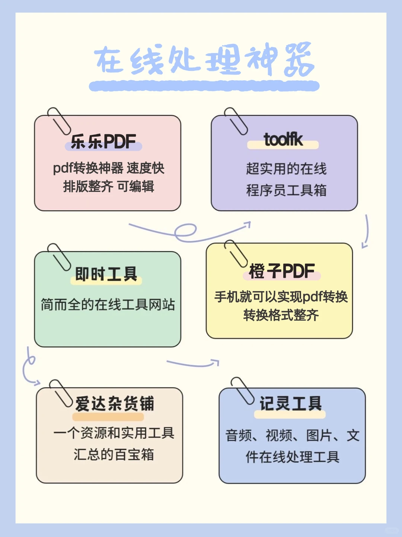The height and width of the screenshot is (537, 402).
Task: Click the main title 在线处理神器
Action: point(204,60)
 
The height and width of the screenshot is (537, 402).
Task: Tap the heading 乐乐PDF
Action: point(103,142)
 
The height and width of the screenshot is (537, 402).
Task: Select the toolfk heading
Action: point(283,140)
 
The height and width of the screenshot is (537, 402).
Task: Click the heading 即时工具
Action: point(106,274)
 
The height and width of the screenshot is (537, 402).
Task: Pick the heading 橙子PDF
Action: point(282,271)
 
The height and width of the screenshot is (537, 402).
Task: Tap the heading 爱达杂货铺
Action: point(114,404)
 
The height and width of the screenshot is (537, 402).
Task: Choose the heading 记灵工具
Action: point(290,403)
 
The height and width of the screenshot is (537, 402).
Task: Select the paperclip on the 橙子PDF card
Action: point(236,253)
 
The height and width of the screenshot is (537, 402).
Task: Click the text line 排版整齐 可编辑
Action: point(108,186)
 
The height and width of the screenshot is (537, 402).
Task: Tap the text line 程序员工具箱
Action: point(286,190)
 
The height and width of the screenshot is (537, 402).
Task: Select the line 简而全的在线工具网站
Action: point(108,304)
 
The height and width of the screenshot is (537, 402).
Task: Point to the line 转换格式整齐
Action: point(281,315)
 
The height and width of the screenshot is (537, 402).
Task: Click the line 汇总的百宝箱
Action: point(114,454)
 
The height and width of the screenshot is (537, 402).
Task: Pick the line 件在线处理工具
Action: point(292,457)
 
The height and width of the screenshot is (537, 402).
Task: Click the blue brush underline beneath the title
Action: point(204,86)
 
